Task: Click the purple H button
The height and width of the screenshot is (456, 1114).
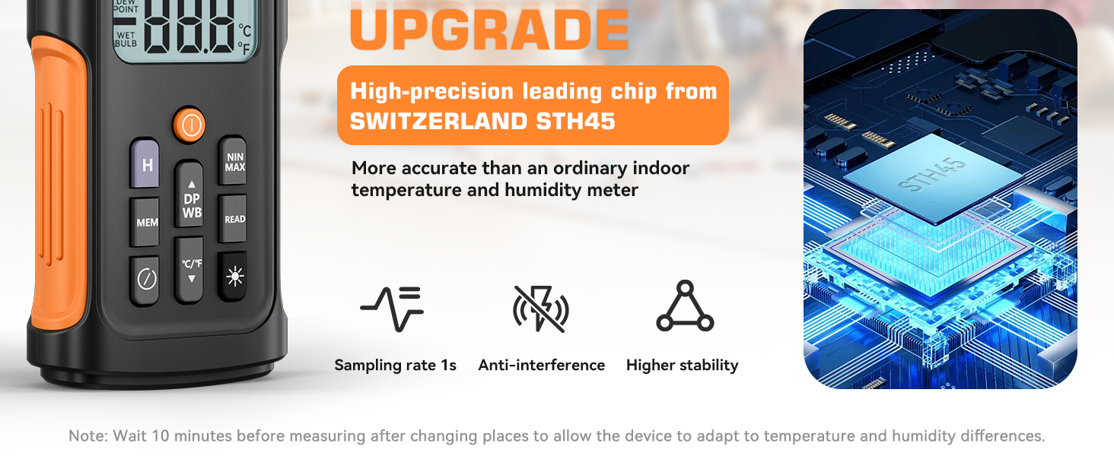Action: [x=145, y=163]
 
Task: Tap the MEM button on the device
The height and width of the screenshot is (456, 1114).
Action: [x=145, y=222]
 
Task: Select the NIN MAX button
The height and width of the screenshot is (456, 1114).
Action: [x=233, y=161]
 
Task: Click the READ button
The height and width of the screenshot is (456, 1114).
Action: [x=233, y=219]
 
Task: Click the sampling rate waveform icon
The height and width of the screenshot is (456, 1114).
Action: [x=393, y=309]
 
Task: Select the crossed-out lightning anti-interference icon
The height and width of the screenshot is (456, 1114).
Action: [x=541, y=309]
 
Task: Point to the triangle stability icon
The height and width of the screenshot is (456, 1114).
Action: [x=686, y=306]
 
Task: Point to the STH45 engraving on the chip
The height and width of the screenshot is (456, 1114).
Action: [x=932, y=175]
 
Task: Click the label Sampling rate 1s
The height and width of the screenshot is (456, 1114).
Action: [x=396, y=365]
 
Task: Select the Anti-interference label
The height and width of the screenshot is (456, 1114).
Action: [x=542, y=365]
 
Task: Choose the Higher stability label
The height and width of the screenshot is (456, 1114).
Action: [x=683, y=366]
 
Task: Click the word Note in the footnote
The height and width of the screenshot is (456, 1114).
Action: [x=88, y=435]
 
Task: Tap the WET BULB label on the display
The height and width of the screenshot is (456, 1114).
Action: [x=126, y=40]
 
